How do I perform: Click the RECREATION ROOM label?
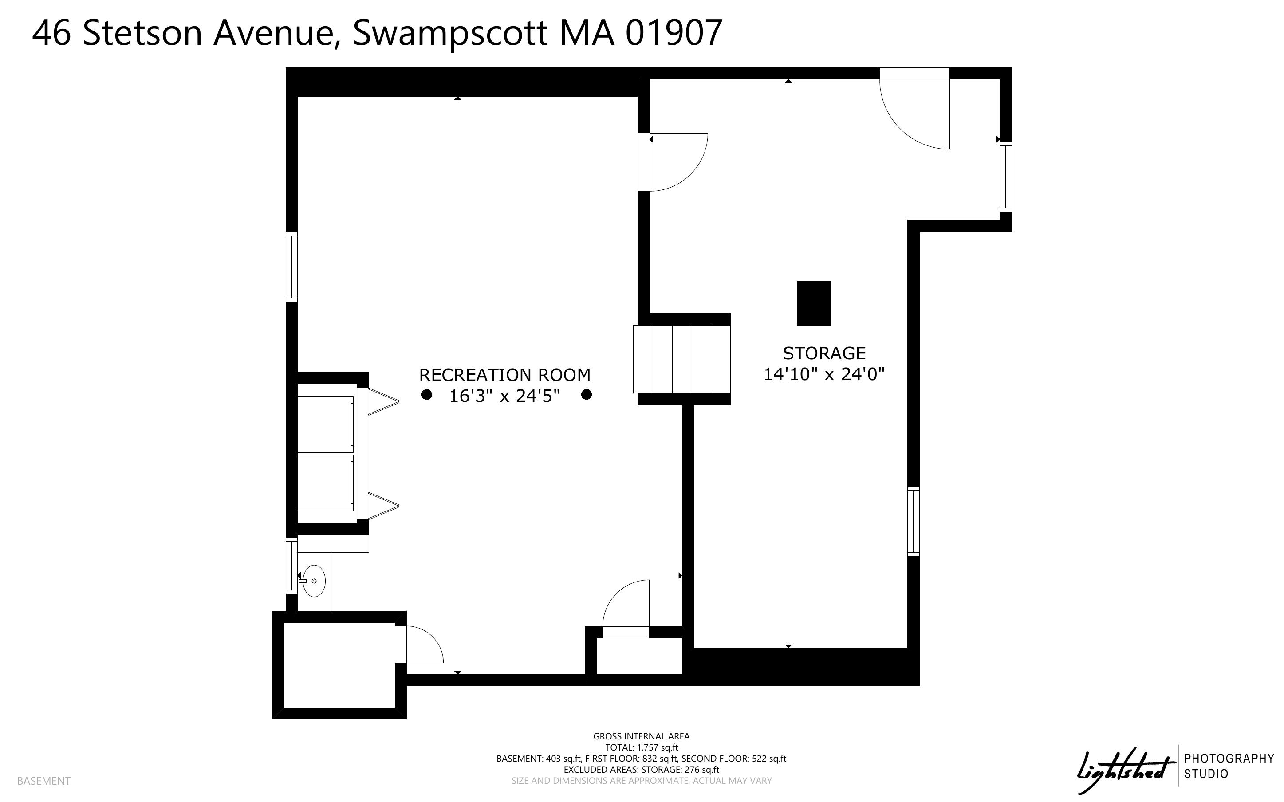click(504, 375)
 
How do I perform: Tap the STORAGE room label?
click(823, 353)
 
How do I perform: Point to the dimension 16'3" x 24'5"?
click(504, 396)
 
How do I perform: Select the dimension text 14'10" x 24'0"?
click(823, 374)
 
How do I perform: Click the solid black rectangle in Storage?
click(813, 303)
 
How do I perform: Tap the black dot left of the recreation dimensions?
click(426, 395)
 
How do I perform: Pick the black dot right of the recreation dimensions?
click(586, 395)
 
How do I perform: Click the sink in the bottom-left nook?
click(314, 581)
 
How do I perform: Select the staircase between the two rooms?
click(681, 359)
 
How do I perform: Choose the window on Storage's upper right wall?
click(1005, 177)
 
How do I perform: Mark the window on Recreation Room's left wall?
click(291, 266)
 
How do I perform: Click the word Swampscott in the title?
click(450, 33)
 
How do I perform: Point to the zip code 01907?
click(674, 33)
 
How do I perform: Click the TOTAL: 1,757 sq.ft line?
click(641, 747)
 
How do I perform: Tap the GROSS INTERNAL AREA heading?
click(641, 736)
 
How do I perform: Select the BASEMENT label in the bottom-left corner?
click(43, 781)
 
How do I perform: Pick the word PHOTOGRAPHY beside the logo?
click(1228, 759)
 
